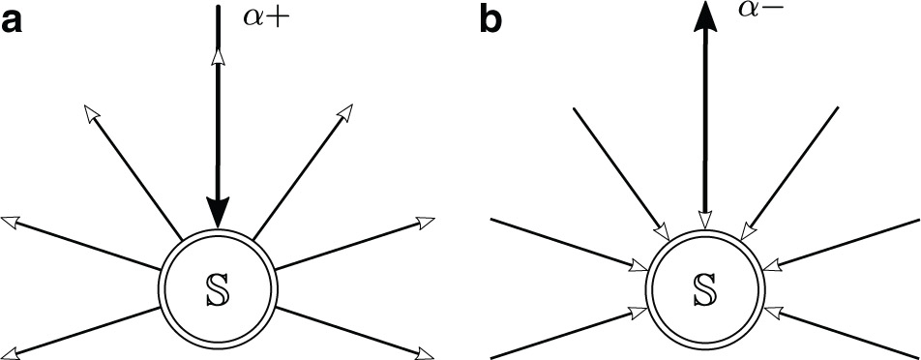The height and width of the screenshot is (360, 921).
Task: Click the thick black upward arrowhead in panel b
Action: [x=705, y=19]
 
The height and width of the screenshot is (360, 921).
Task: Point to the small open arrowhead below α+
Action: [x=219, y=58]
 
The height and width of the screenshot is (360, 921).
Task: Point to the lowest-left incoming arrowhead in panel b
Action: [x=641, y=312]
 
